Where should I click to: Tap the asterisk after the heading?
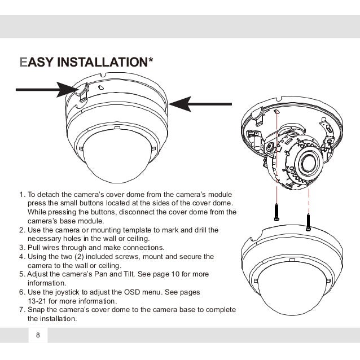pos(150,59)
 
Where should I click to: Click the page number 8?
pos(38,336)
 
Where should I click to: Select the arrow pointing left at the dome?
pos(200,103)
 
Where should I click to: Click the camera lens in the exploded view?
pos(310,164)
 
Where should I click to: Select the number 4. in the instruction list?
pos(22,257)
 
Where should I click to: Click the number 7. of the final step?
pos(22,310)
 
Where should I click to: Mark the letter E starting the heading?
pos(23,60)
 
